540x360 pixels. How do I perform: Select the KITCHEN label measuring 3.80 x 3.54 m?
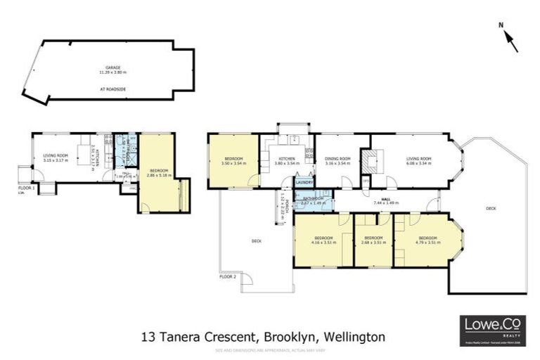point(287,161)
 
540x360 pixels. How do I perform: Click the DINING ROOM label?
point(337,161)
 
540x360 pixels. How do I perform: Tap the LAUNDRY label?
point(304,183)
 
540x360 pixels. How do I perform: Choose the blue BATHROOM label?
point(313,200)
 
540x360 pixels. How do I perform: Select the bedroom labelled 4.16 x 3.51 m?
point(323,240)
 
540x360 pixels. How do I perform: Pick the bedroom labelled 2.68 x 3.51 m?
point(373,240)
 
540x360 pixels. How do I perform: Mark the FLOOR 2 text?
point(227,277)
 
